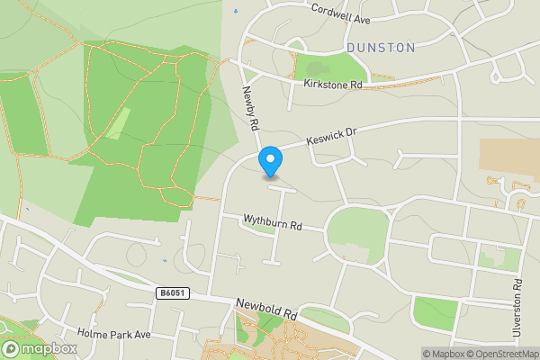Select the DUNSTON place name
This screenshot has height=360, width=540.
pos(380,47)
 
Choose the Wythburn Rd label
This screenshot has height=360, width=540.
pos(272,220)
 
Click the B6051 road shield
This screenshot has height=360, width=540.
pos(171,292)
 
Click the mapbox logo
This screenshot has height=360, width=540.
pos(40,348)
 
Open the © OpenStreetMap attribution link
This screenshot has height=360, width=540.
pos(500,354)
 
